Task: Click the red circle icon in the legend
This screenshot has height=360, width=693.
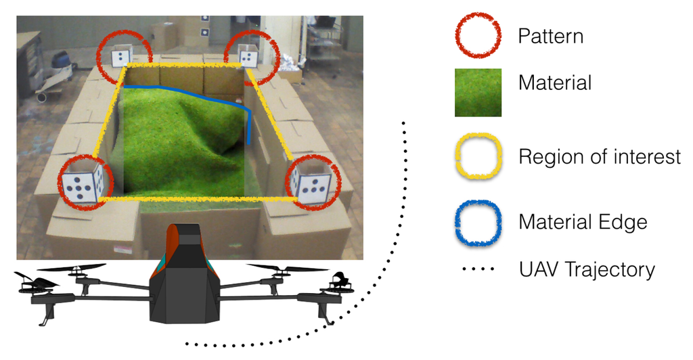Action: (x=478, y=35)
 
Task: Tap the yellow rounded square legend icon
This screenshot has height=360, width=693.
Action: (x=478, y=158)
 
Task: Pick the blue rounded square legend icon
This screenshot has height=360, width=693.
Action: (x=478, y=221)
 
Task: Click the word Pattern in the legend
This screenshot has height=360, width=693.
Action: (x=550, y=36)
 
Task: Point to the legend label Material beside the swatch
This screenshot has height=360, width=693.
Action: (x=554, y=83)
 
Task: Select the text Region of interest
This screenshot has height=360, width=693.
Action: (x=599, y=157)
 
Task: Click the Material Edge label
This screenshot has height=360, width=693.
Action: (x=583, y=221)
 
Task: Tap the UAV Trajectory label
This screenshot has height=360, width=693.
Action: (x=587, y=269)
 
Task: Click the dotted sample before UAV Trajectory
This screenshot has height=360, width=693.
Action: (x=478, y=270)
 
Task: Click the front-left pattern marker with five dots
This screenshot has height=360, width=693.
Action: (x=81, y=183)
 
